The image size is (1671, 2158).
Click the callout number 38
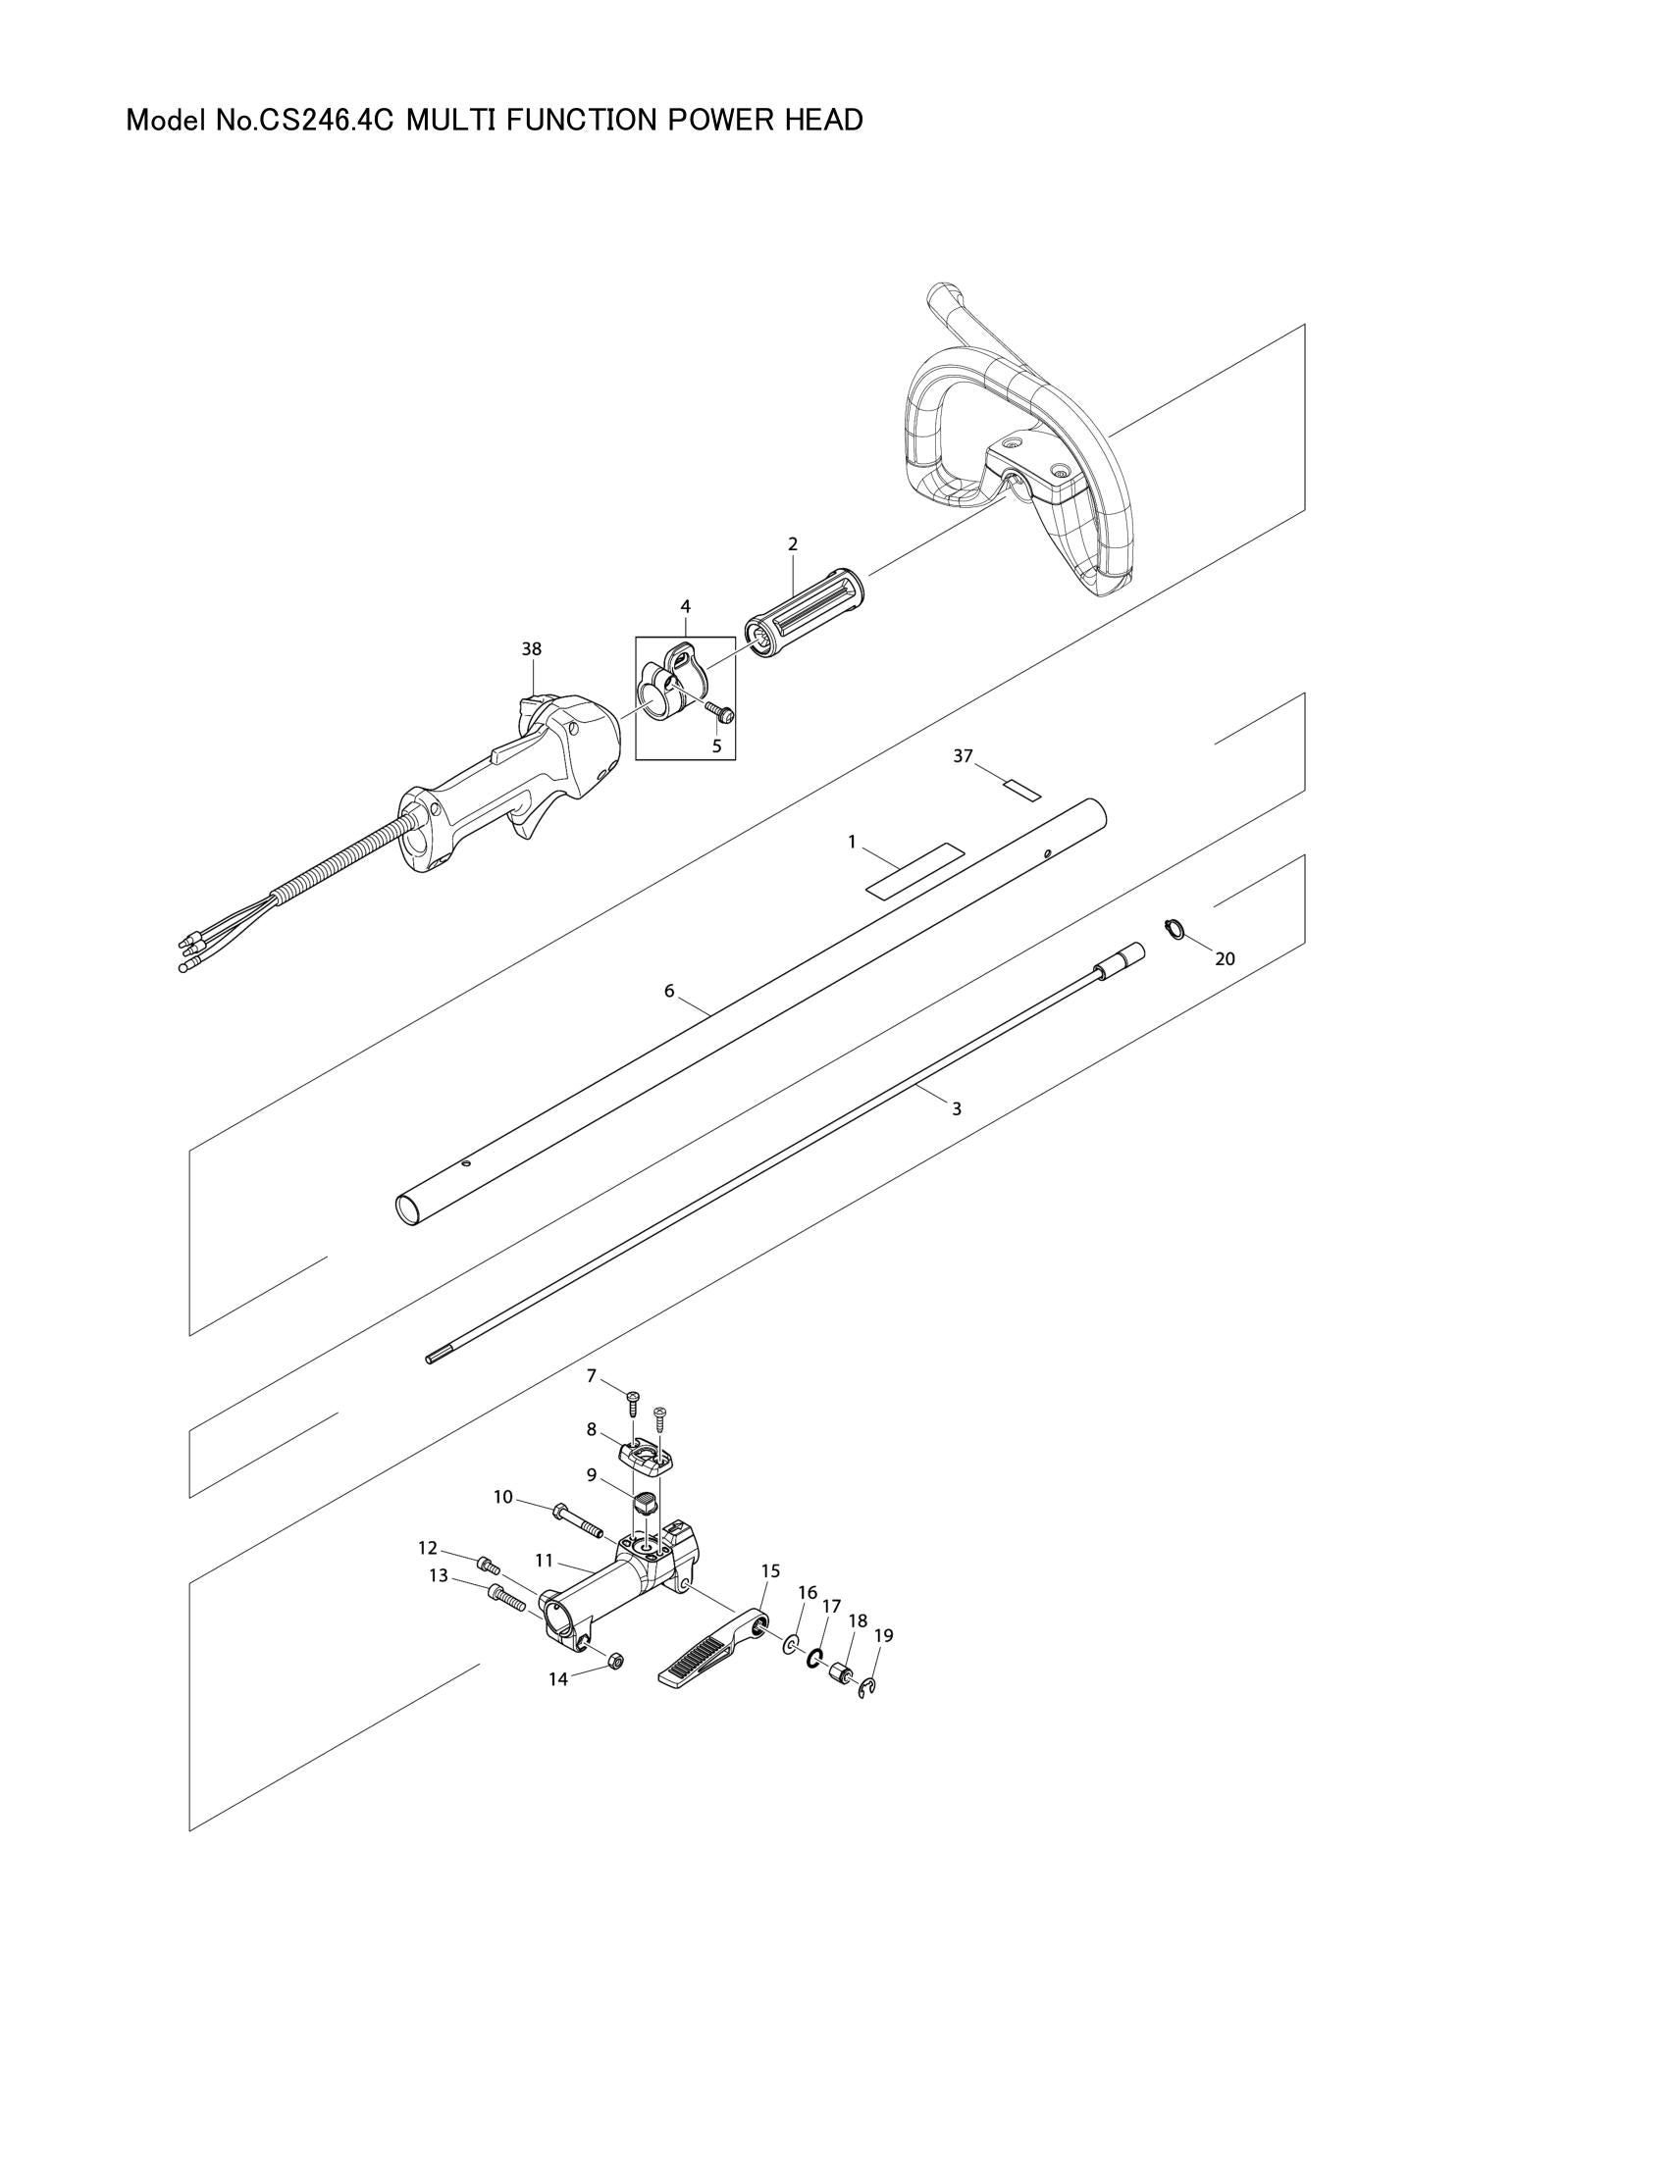pyautogui.click(x=532, y=649)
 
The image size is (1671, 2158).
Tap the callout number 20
pyautogui.click(x=1225, y=958)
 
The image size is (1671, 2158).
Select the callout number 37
pyautogui.click(x=963, y=756)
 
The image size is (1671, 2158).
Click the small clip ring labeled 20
pyautogui.click(x=1174, y=928)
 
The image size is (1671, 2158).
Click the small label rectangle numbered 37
pyautogui.click(x=1021, y=790)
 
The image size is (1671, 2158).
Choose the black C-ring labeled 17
pyautogui.click(x=816, y=1658)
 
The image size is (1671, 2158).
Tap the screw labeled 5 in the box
pyautogui.click(x=718, y=709)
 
